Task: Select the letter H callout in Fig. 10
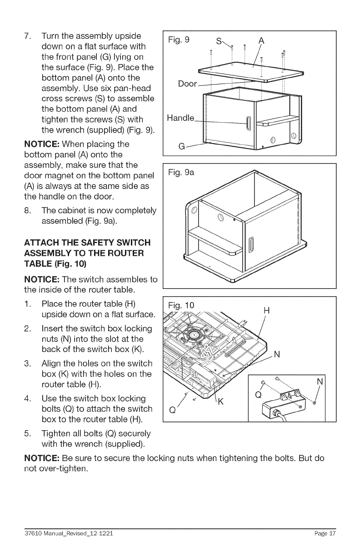pyautogui.click(x=267, y=311)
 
